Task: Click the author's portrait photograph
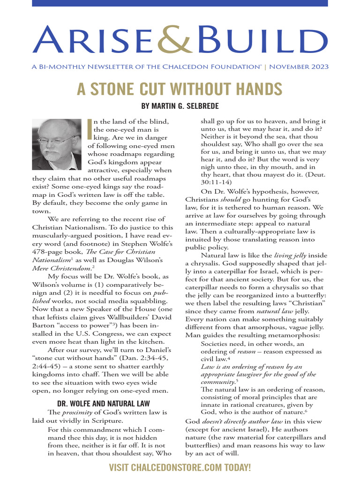pos(57,144)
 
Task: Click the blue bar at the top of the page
pos(180,3)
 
